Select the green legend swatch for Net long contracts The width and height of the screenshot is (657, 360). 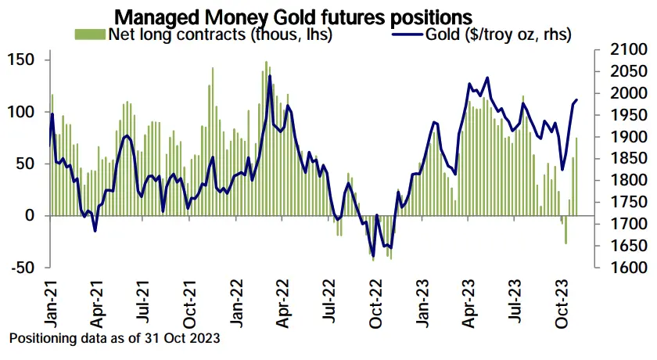[x=90, y=34]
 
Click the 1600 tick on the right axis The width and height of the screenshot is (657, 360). [x=613, y=268]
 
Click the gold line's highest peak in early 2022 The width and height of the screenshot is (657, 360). [x=270, y=76]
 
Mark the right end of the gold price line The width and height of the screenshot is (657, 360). [x=577, y=99]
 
